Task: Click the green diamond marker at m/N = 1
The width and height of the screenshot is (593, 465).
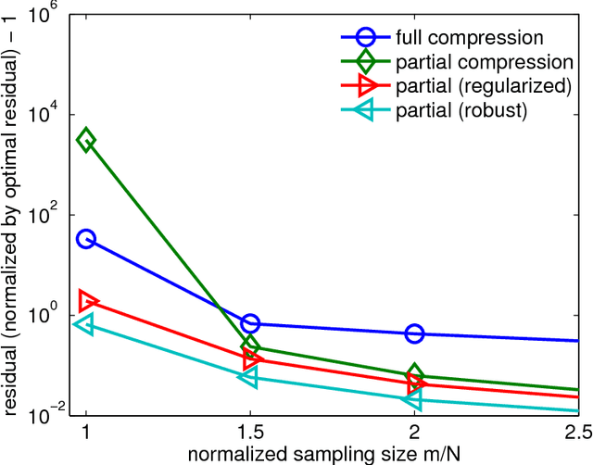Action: (86, 141)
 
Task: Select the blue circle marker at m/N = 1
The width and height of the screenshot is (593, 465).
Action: (86, 239)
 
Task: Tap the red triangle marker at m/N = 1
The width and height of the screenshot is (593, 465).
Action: (88, 301)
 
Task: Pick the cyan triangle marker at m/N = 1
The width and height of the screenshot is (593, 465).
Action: (84, 323)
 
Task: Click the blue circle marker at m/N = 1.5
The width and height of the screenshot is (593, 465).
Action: (250, 323)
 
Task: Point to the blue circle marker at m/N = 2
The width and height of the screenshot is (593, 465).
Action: (414, 333)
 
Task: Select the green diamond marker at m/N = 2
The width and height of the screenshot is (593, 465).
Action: (414, 375)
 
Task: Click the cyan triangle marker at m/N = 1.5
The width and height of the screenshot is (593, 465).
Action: (248, 377)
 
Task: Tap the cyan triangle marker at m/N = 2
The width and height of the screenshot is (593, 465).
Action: (412, 399)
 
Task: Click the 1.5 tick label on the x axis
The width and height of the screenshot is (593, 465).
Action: (250, 433)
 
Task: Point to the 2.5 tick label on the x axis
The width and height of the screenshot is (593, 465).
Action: (576, 433)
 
